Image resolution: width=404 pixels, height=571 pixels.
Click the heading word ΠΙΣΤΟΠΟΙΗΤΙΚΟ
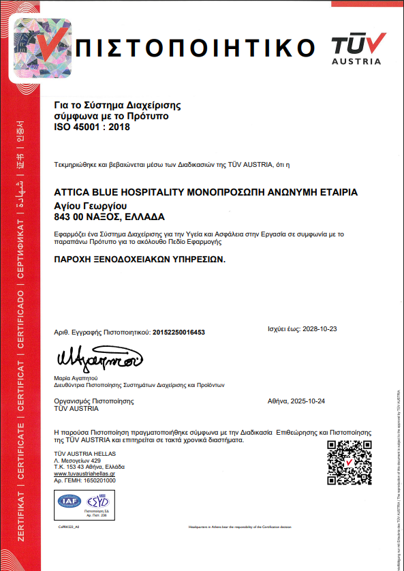[198, 49]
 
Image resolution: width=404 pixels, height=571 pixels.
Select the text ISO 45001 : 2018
[91, 127]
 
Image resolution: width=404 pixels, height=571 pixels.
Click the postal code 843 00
[69, 217]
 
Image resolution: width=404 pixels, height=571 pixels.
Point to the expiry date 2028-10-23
[320, 328]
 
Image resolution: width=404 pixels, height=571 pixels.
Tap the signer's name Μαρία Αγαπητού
[76, 377]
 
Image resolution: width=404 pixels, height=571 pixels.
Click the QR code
[349, 463]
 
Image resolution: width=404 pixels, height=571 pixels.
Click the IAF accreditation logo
[68, 503]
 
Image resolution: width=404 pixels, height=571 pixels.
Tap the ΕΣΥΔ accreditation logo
[97, 503]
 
